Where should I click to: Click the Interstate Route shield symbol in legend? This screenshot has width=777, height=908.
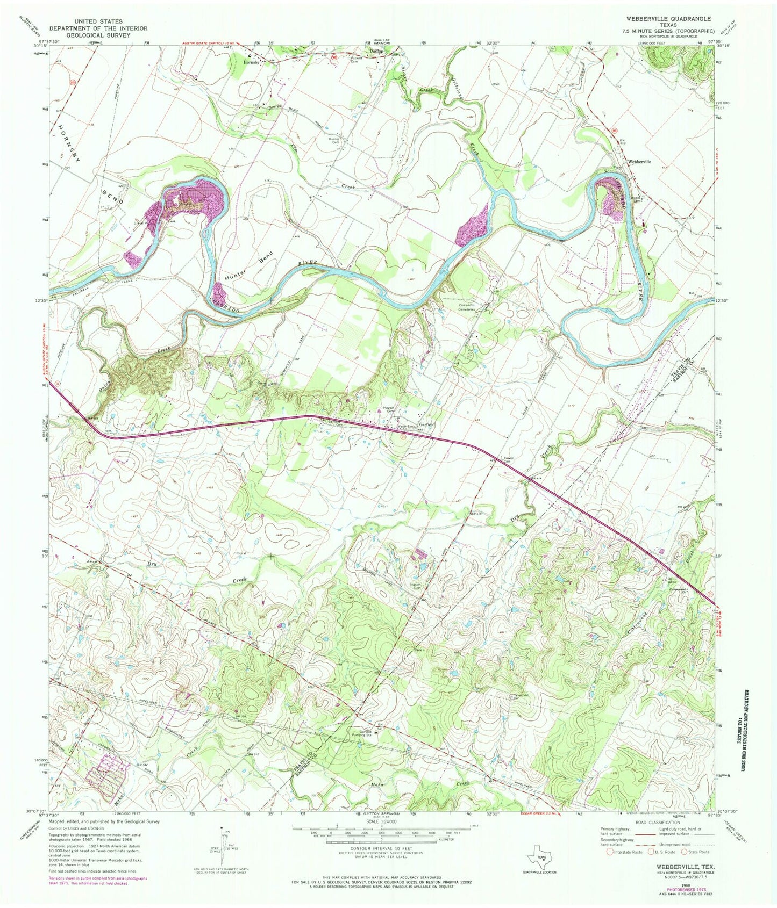[610, 852]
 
